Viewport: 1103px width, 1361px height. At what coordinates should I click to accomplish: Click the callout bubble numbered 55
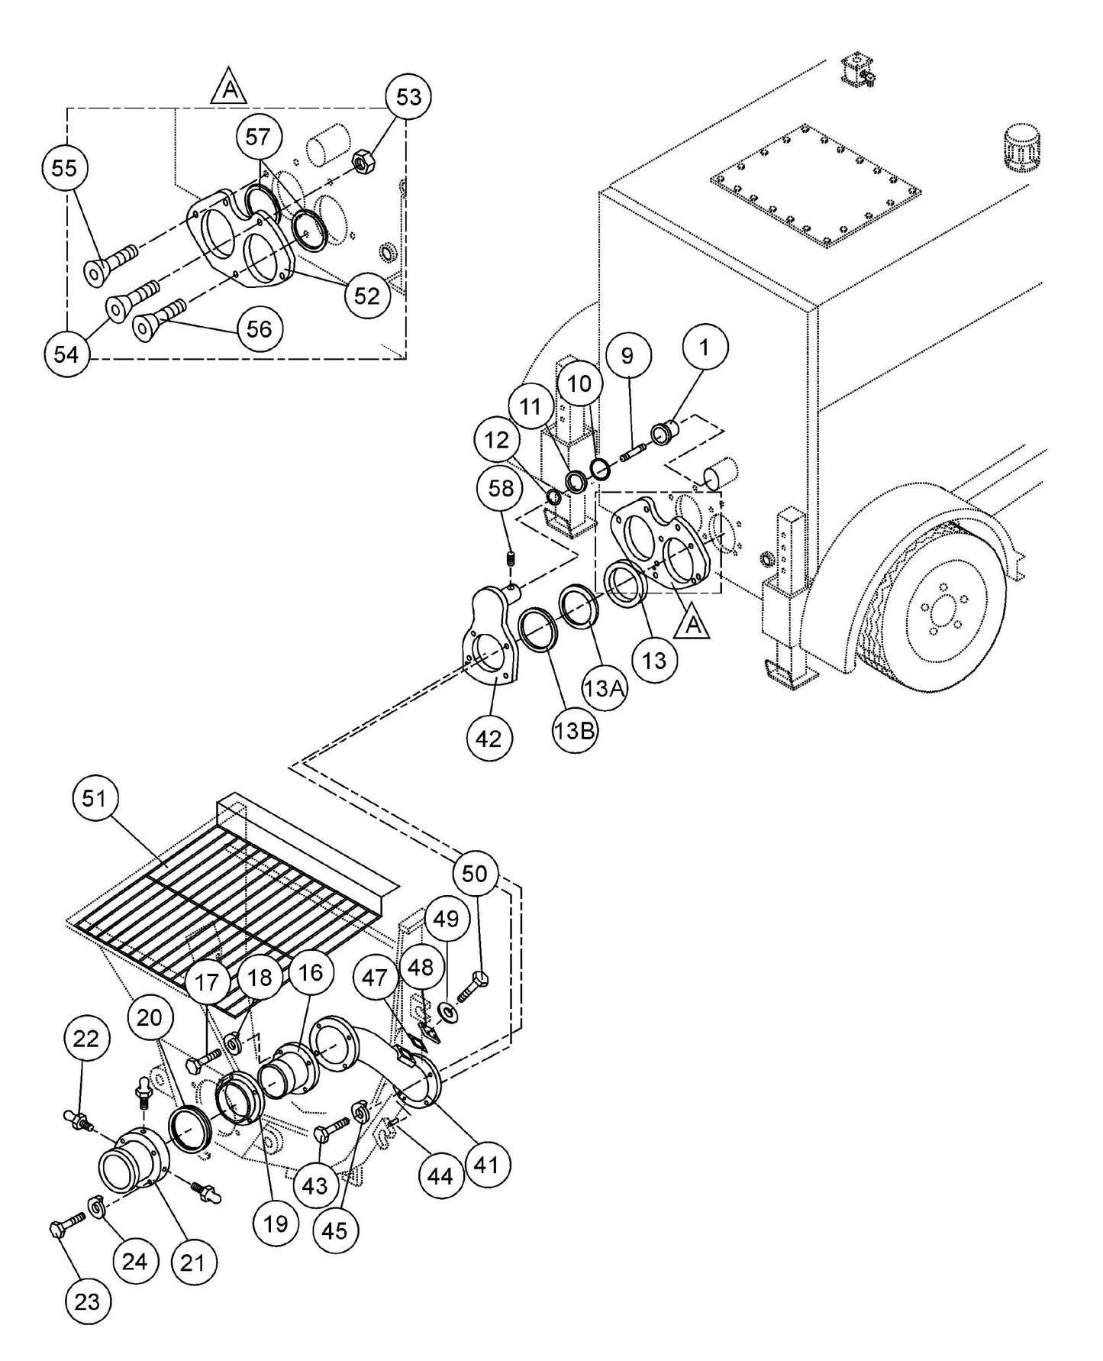pyautogui.click(x=65, y=168)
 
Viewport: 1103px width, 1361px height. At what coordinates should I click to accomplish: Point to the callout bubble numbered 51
pyautogui.click(x=95, y=799)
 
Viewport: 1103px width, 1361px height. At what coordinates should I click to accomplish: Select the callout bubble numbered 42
pyautogui.click(x=489, y=738)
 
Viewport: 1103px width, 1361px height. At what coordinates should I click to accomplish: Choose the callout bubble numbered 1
pyautogui.click(x=705, y=348)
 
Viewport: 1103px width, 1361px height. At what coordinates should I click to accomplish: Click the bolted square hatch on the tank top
pyautogui.click(x=815, y=189)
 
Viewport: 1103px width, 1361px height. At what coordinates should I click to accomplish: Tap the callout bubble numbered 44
pyautogui.click(x=440, y=1177)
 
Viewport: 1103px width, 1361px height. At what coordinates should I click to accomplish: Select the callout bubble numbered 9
pyautogui.click(x=627, y=356)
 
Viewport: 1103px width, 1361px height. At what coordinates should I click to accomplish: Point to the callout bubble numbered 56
pyautogui.click(x=260, y=329)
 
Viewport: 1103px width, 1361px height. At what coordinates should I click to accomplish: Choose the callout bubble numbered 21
pyautogui.click(x=192, y=1263)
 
